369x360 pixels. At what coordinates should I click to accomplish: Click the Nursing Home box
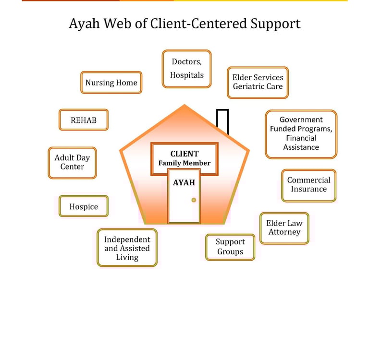pos(111,83)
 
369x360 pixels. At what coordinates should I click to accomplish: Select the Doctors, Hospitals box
pos(186,69)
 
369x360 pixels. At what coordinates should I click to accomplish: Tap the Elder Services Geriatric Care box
pos(258,82)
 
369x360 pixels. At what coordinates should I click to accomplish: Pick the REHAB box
pos(84,120)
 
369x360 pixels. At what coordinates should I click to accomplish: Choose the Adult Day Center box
pos(72,163)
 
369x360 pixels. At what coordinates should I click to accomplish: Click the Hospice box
pos(84,206)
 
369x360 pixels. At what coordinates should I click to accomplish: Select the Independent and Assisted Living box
pos(127,248)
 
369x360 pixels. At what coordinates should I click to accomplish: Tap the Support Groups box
pos(230,247)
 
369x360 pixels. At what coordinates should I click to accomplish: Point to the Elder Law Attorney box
pos(284,228)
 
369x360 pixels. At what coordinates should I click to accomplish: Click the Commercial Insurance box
pos(308,185)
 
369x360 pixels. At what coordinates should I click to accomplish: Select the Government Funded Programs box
pos(301,133)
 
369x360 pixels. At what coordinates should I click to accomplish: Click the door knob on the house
pos(194,200)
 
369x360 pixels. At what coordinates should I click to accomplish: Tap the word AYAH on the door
pos(184,183)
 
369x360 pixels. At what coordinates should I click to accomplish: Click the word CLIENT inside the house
pos(184,154)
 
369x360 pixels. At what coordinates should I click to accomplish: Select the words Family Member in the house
pos(184,163)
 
